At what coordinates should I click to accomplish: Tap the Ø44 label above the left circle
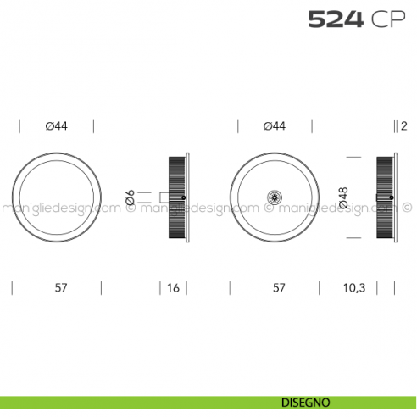tap(56, 126)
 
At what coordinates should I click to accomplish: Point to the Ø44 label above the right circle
tap(274, 126)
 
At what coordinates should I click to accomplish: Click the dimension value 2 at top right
tap(405, 126)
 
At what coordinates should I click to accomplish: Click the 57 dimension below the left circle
tap(61, 288)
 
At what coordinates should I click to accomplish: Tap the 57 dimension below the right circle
tap(278, 288)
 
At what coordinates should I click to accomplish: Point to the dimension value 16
tap(173, 288)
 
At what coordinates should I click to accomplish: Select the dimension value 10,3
tap(353, 288)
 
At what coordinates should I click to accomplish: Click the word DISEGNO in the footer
tap(302, 403)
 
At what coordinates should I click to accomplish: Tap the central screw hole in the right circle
tap(274, 197)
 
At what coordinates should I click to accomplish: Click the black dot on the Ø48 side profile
tap(390, 197)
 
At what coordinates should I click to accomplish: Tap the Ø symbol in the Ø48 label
tap(343, 206)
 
